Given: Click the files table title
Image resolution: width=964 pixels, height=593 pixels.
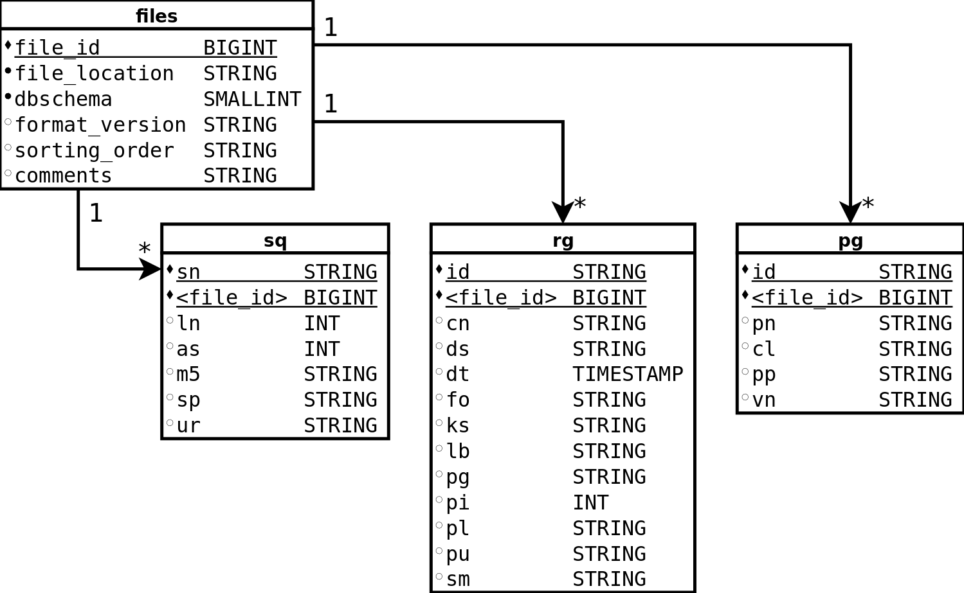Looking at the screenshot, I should coord(156,16).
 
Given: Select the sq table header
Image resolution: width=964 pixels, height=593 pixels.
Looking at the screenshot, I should coord(275,240).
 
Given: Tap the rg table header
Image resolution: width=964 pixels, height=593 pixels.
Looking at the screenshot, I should coord(563,240).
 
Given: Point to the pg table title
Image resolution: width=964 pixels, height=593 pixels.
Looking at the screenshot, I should coord(850,240).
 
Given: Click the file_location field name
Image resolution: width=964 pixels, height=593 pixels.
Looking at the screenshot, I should coord(94,74).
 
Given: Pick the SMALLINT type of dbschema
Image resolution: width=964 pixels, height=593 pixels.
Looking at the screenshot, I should coord(252,100).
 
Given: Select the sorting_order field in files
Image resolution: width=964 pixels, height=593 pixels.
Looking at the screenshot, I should coord(94,150).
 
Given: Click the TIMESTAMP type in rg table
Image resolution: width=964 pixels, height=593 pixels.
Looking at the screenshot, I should coord(628,374).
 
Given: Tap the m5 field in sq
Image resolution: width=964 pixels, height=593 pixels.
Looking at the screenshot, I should coord(188,374).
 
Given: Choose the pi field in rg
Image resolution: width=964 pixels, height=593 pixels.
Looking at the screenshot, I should coord(457,502).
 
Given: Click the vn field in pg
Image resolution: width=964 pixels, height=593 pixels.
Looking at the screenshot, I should coord(763,400).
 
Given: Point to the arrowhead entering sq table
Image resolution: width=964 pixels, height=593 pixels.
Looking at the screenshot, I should coord(150,269).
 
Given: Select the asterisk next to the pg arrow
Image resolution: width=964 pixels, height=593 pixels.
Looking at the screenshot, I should coord(868,204).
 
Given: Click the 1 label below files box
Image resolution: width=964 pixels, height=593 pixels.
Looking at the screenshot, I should coord(96,213).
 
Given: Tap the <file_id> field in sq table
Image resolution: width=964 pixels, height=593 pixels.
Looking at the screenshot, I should coord(232,297).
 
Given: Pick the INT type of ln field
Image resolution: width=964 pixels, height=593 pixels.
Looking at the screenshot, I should coord(322,323).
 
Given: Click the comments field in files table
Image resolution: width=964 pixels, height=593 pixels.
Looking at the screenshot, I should coord(63,175).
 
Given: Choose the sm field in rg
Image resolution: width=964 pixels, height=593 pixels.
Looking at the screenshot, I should coord(457,579).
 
